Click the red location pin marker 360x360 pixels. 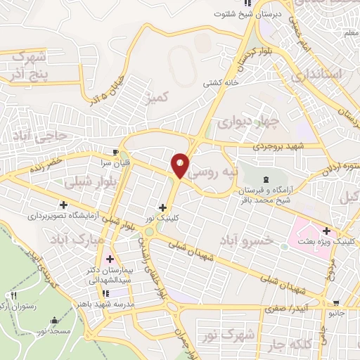(180, 165)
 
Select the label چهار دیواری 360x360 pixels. (247, 122)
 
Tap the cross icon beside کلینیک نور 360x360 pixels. (163, 207)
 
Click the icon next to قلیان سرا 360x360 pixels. (116, 150)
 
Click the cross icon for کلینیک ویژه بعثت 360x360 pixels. (326, 231)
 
